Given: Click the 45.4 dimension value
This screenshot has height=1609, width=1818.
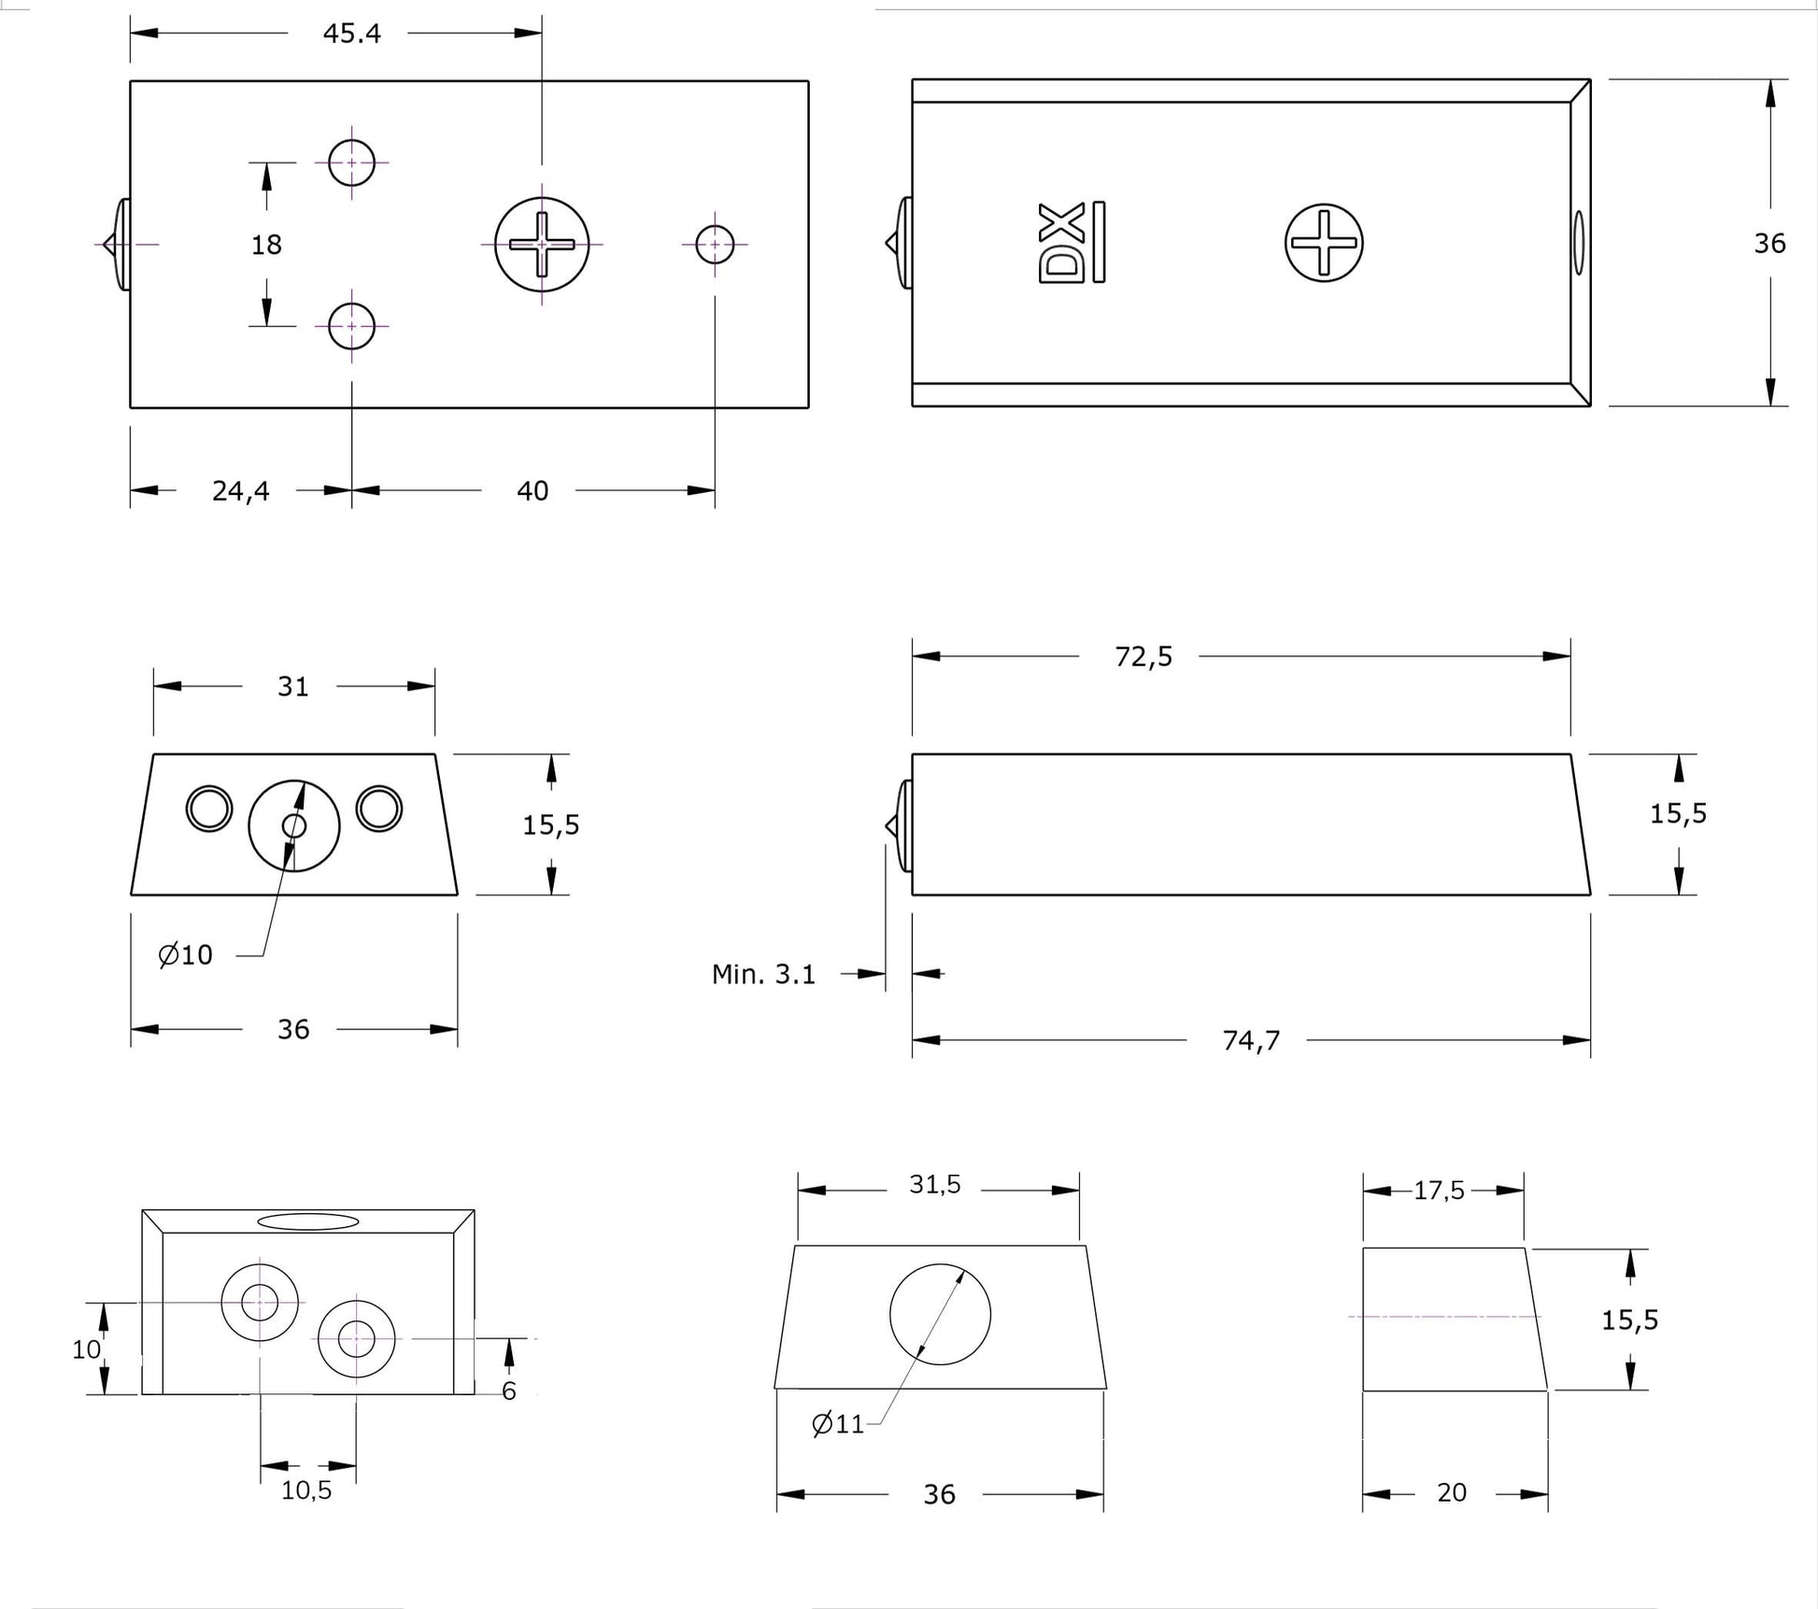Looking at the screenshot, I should click(352, 34).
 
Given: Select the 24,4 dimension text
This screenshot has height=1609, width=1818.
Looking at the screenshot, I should click(241, 491).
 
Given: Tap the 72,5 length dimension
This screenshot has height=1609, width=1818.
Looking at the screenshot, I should click(1143, 657).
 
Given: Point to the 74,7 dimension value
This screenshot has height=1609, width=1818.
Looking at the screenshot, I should click(1251, 1040).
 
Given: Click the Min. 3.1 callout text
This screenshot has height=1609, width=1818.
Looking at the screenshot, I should click(763, 975).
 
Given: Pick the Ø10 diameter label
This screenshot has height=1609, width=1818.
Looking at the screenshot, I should click(186, 955).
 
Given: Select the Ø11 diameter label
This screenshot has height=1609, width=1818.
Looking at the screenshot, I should click(838, 1424).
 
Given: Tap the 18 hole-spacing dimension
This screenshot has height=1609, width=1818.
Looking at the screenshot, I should click(266, 245).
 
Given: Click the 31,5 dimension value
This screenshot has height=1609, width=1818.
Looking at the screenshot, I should click(935, 1185).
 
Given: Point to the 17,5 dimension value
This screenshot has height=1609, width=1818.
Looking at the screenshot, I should click(1439, 1191).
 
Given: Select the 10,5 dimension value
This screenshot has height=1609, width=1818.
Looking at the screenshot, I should click(306, 1491).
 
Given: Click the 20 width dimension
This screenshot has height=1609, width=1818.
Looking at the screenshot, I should click(1452, 1493).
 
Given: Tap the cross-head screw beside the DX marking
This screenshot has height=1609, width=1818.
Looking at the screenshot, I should click(1324, 243).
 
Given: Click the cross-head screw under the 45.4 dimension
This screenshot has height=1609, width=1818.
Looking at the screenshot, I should click(542, 245).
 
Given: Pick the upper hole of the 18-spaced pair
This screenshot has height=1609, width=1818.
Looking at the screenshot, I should click(351, 162).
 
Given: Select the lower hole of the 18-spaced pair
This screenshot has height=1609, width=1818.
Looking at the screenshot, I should click(351, 326).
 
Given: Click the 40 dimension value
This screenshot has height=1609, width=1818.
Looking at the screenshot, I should click(533, 491).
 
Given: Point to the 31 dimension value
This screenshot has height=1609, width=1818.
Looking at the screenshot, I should click(293, 687).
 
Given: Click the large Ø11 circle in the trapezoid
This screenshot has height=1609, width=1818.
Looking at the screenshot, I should click(940, 1315).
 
